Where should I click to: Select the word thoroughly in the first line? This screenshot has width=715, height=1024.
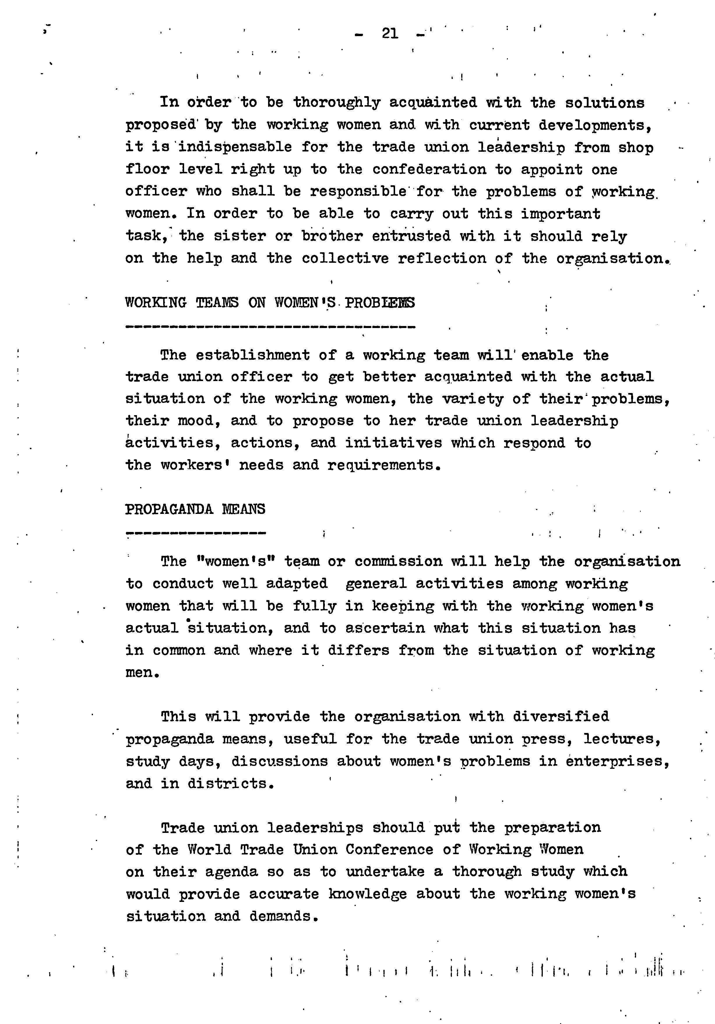[337, 103]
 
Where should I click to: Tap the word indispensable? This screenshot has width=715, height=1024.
[235, 147]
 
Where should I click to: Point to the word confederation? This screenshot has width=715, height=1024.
[429, 170]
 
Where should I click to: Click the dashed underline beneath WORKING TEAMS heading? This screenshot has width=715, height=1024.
[270, 327]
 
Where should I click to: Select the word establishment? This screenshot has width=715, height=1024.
[252, 355]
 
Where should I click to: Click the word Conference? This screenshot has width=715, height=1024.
[389, 849]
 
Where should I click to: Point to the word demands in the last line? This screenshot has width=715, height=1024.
[283, 916]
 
